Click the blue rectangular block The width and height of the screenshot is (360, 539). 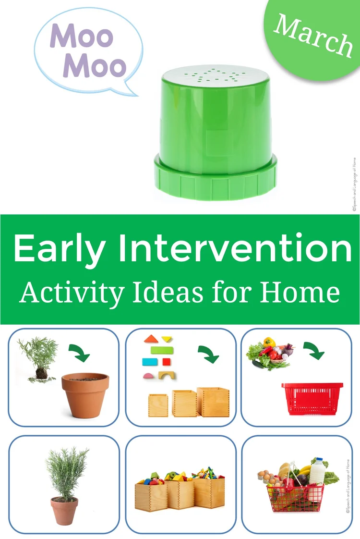[x=148, y=362]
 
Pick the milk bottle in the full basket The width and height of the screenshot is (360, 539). [x=316, y=471]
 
